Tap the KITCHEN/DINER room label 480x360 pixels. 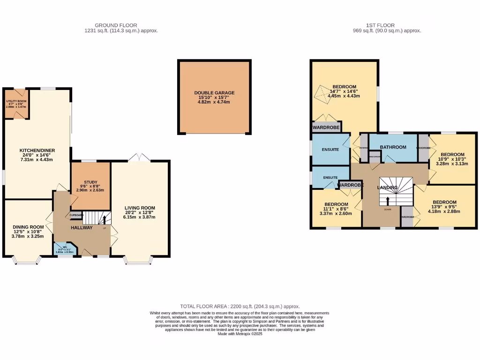(37, 150)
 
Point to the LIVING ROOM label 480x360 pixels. (140, 208)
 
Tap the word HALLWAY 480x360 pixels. (82, 228)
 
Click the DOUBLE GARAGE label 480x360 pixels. (214, 93)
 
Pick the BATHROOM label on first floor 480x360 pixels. (393, 147)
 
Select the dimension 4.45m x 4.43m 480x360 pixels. (344, 96)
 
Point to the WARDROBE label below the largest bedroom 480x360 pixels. (326, 127)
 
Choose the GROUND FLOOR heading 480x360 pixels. (116, 25)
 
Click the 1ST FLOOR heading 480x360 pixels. (380, 25)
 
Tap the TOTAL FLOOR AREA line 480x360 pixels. (240, 306)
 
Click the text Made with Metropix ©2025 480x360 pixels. (240, 334)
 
